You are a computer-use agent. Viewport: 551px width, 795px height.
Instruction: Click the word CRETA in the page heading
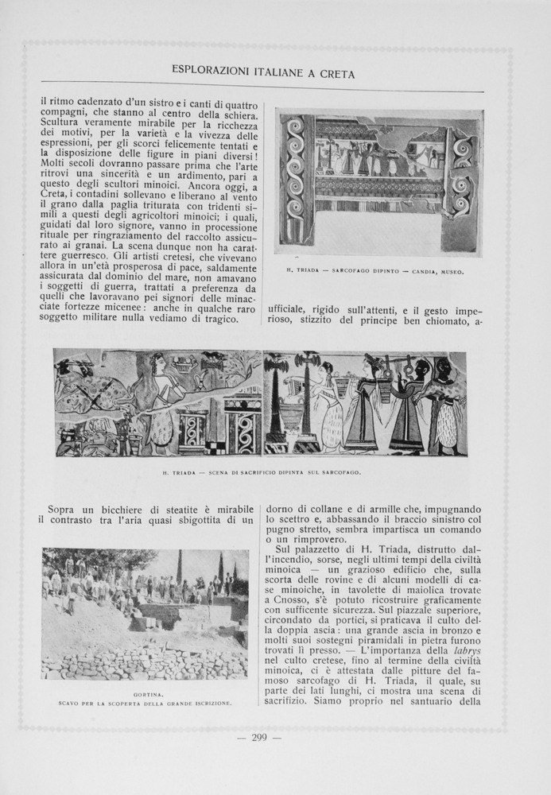337,74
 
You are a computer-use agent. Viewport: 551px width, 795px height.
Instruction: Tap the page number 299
259,737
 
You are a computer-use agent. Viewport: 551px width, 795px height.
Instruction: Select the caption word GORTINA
144,694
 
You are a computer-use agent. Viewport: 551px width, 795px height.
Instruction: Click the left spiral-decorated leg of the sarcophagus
297,180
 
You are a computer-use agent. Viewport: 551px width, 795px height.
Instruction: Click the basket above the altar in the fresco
185,367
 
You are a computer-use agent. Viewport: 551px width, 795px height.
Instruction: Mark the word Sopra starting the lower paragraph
66,509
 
